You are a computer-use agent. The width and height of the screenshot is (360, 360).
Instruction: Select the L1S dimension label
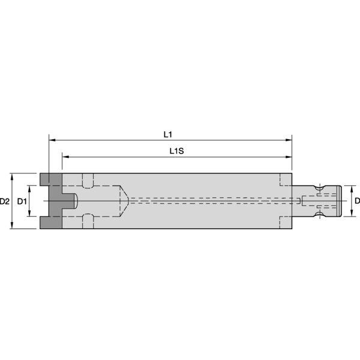[176, 151]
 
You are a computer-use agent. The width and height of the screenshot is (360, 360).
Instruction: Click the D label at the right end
[357, 200]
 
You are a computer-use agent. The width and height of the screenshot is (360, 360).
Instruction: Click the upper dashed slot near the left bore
[88, 180]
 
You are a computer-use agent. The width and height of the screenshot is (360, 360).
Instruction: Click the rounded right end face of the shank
[340, 201]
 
